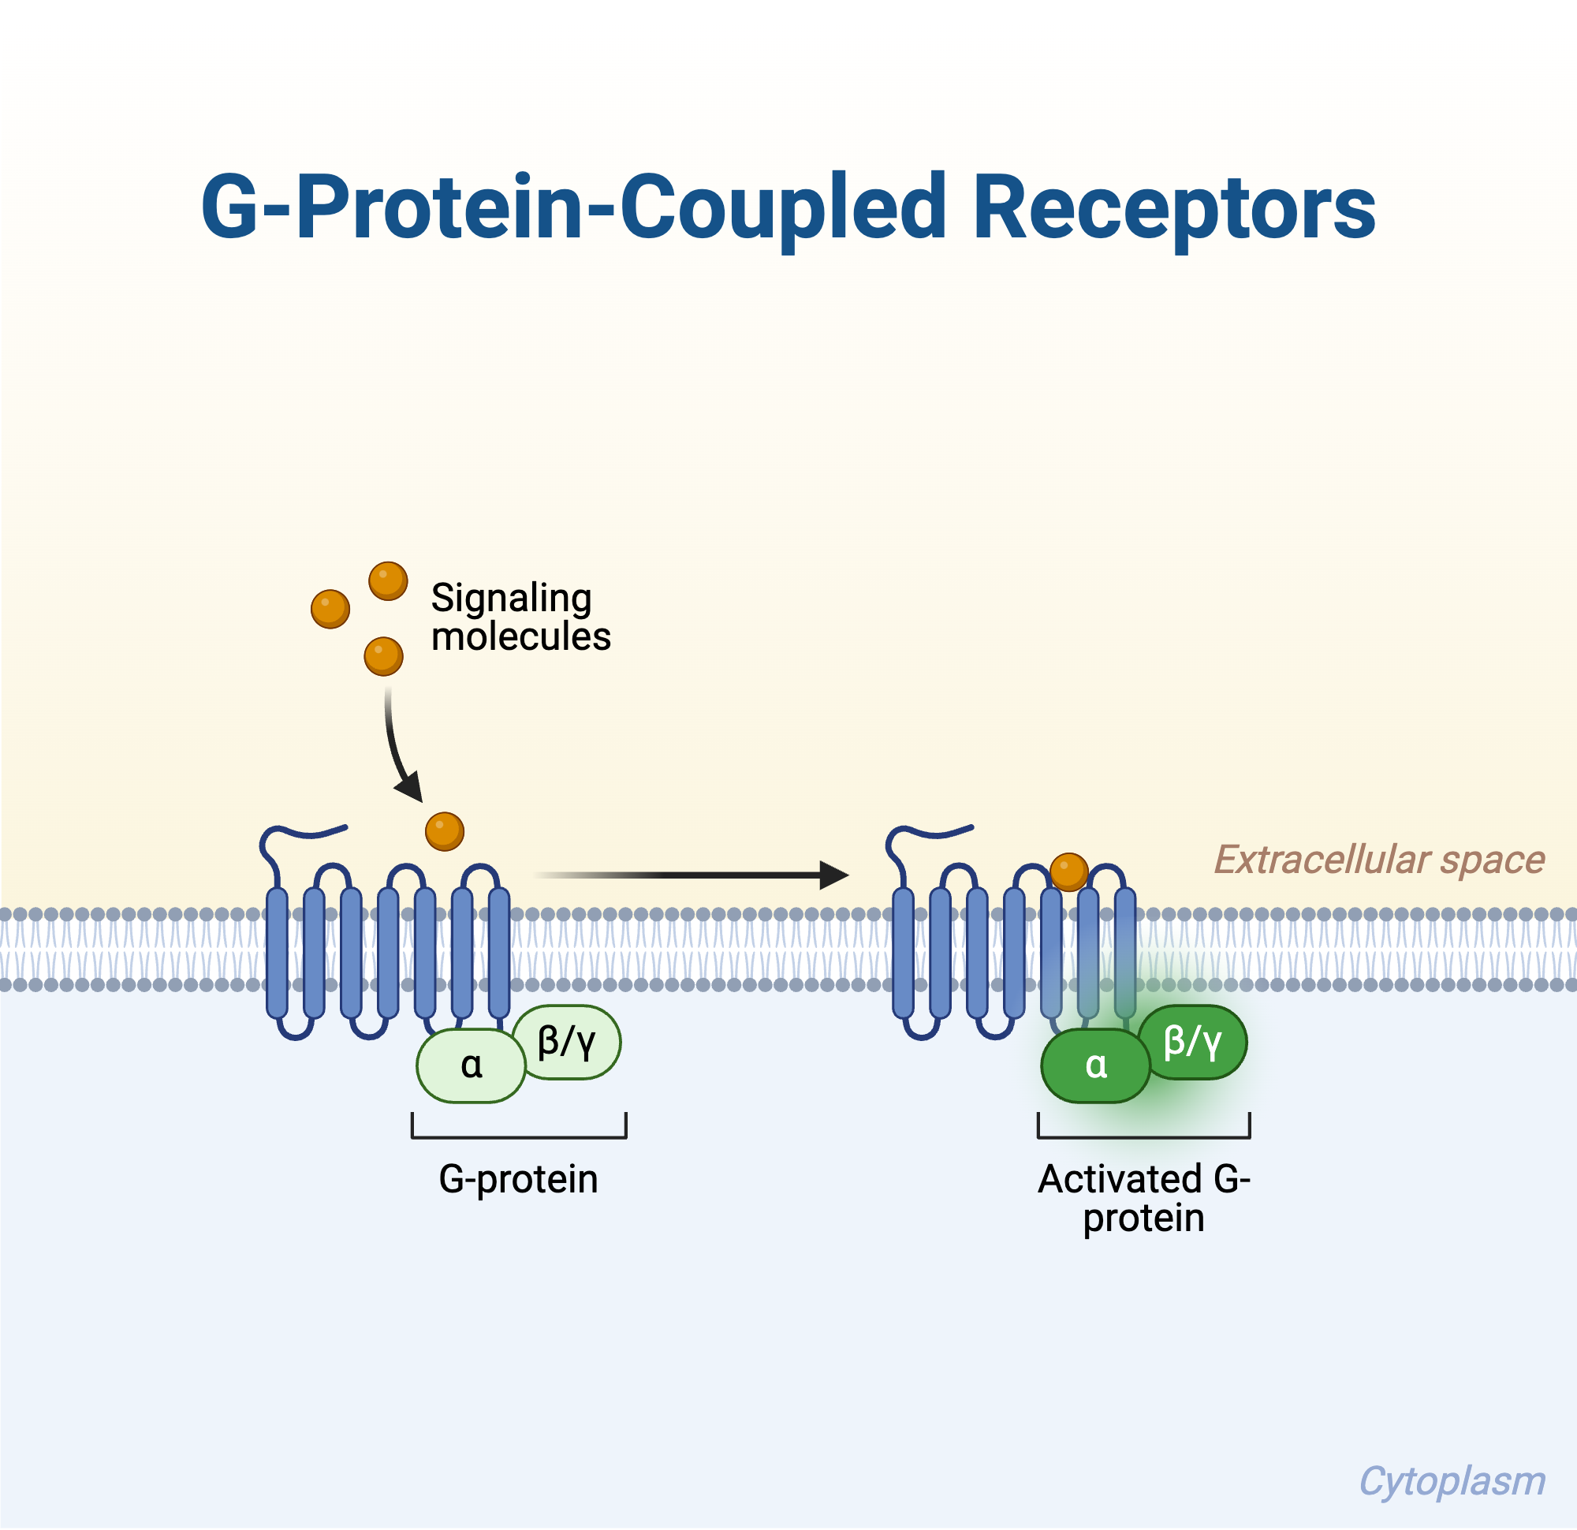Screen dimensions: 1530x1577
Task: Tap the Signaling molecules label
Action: [x=520, y=618]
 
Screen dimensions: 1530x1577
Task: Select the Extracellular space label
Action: [x=1378, y=860]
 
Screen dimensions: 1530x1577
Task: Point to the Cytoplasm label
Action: [x=1452, y=1482]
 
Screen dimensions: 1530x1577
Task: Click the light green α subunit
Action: [x=471, y=1065]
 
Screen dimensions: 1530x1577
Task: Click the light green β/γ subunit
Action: [x=567, y=1042]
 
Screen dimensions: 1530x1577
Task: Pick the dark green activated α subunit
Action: [x=1096, y=1065]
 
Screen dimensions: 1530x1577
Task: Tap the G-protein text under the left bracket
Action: [x=518, y=1180]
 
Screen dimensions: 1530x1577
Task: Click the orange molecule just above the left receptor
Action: [x=444, y=831]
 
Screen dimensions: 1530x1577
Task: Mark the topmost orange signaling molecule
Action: [x=388, y=581]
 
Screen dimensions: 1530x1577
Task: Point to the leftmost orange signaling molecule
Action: [x=330, y=610]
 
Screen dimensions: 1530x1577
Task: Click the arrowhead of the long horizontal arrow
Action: [x=834, y=875]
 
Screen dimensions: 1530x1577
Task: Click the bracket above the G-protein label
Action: [x=519, y=1136]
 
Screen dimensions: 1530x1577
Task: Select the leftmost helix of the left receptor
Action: [x=277, y=953]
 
